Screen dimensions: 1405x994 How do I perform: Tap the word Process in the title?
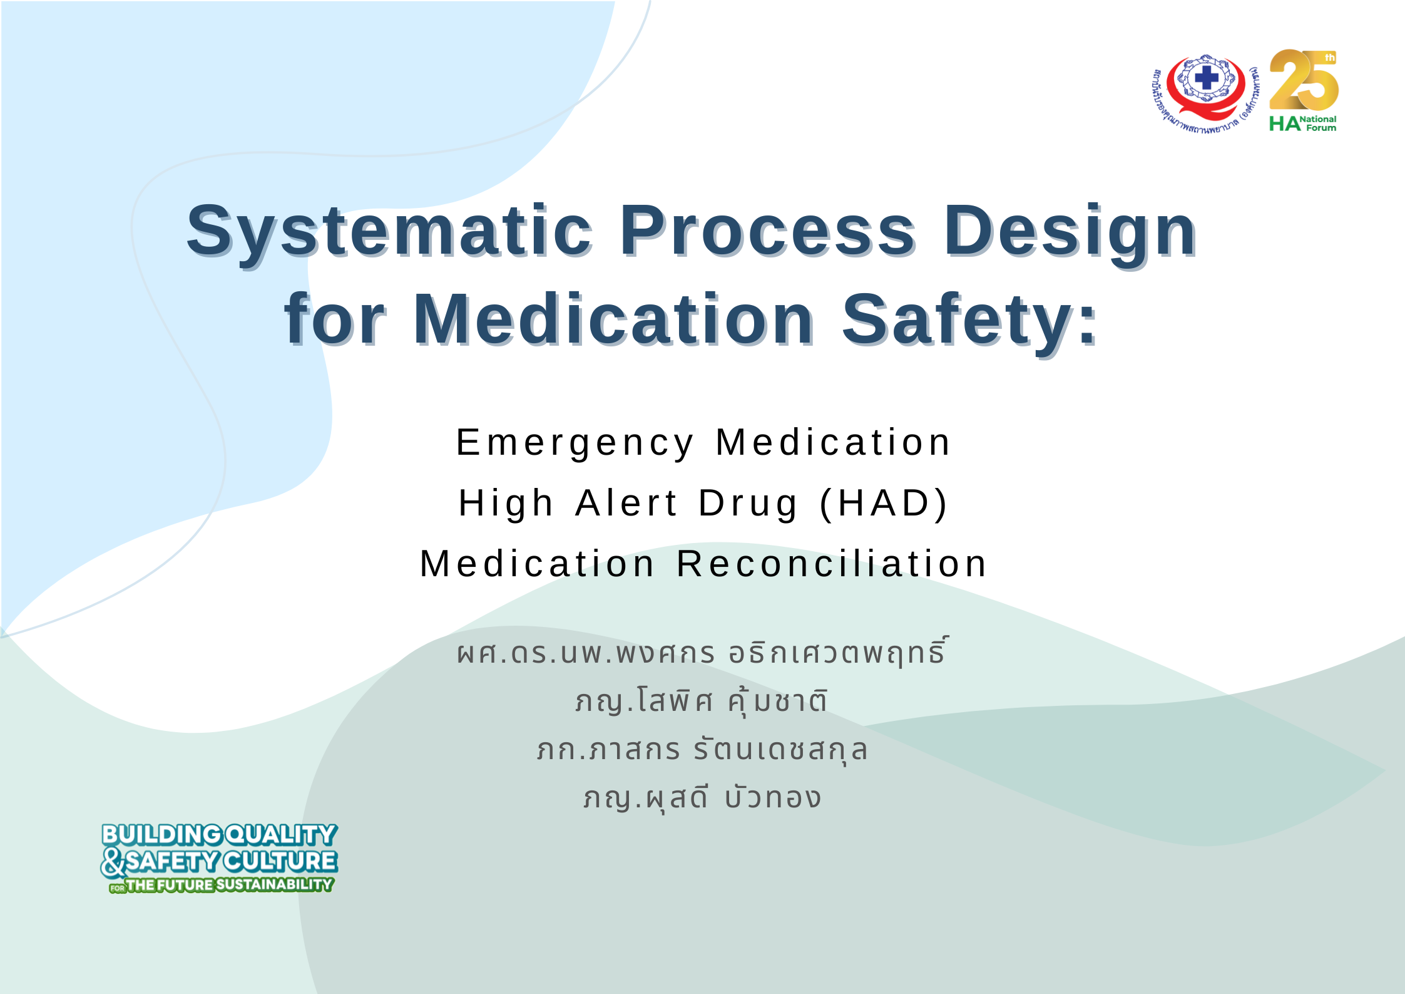pyautogui.click(x=768, y=230)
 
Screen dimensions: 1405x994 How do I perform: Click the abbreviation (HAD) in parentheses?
pyautogui.click(x=884, y=504)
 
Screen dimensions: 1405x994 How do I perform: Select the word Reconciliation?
pyautogui.click(x=832, y=563)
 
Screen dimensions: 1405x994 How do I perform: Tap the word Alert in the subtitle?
pyautogui.click(x=626, y=502)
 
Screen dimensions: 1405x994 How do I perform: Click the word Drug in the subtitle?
pyautogui.click(x=748, y=505)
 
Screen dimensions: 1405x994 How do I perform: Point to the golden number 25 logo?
pyautogui.click(x=1304, y=80)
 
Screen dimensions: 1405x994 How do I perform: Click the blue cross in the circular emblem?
pyautogui.click(x=1207, y=79)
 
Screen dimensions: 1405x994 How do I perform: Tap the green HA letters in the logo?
pyautogui.click(x=1284, y=124)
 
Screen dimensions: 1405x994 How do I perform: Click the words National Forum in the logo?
pyautogui.click(x=1319, y=123)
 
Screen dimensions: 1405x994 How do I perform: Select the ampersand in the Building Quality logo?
pyautogui.click(x=113, y=862)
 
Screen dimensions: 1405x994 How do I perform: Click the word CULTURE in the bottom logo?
pyautogui.click(x=280, y=861)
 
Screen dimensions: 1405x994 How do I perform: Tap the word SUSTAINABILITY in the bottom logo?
pyautogui.click(x=274, y=884)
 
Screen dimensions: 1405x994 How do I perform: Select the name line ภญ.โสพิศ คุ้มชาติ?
pyautogui.click(x=702, y=700)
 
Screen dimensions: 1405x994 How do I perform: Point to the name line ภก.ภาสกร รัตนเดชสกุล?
pyautogui.click(x=702, y=750)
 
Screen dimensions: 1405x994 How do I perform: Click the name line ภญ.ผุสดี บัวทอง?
pyautogui.click(x=702, y=797)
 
